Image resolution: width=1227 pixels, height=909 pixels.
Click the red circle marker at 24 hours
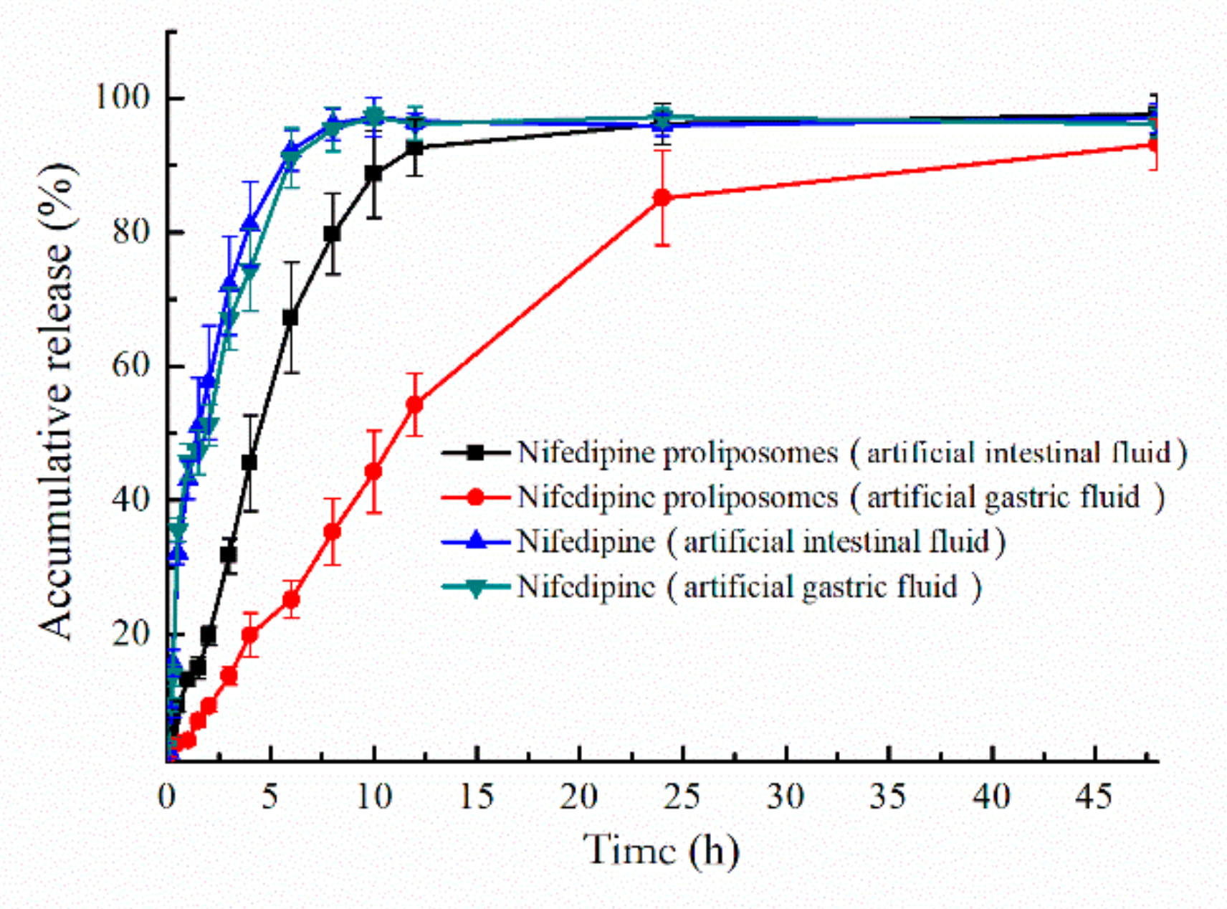[x=662, y=198]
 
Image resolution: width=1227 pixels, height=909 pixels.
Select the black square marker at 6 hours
[x=290, y=318]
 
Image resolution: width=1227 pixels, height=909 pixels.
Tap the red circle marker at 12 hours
[x=414, y=405]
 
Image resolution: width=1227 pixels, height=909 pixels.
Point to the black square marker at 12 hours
[x=414, y=148]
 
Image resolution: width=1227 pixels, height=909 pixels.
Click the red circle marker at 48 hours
[x=1153, y=146]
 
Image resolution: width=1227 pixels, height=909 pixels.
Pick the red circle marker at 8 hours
[x=332, y=532]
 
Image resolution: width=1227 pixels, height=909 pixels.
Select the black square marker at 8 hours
[x=332, y=234]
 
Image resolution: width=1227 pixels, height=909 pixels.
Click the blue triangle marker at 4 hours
[x=249, y=223]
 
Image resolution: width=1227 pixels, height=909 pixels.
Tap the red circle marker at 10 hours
[x=373, y=472]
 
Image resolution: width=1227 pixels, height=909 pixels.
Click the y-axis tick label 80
[x=130, y=232]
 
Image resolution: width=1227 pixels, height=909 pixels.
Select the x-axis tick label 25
[x=682, y=796]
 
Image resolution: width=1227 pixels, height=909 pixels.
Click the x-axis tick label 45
[x=1094, y=796]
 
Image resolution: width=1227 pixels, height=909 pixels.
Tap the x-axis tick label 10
[x=373, y=796]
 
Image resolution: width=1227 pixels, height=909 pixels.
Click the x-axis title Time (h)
[x=661, y=850]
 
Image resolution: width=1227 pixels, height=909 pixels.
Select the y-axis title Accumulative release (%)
[x=57, y=401]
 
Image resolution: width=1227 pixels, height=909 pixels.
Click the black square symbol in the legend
[x=475, y=452]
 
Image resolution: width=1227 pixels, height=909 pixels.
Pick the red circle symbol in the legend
[x=475, y=497]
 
